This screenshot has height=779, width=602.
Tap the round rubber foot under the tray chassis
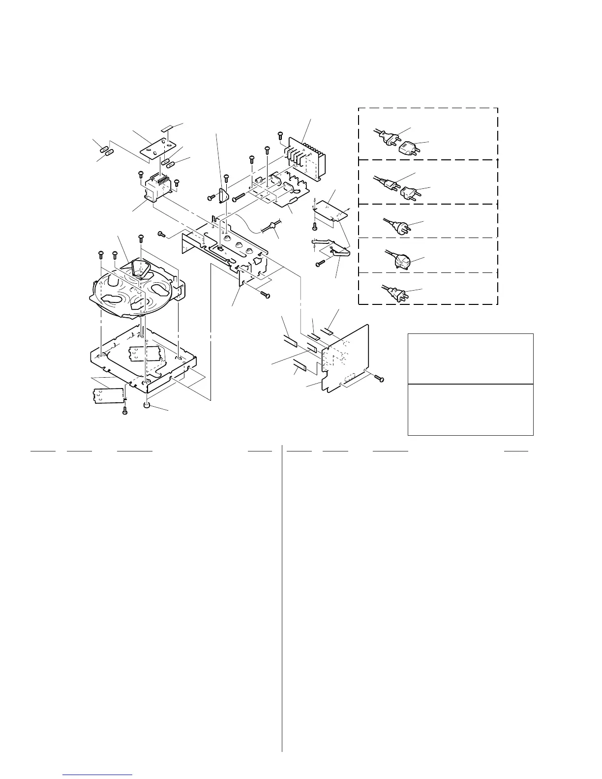pyautogui.click(x=146, y=405)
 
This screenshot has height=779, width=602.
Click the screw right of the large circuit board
pyautogui.click(x=379, y=378)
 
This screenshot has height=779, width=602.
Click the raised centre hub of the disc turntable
pyautogui.click(x=140, y=269)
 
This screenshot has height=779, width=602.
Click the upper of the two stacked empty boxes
pyautogui.click(x=471, y=359)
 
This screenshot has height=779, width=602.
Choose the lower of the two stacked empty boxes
pyautogui.click(x=471, y=410)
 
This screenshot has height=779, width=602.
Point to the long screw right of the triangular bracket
pyautogui.click(x=239, y=197)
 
